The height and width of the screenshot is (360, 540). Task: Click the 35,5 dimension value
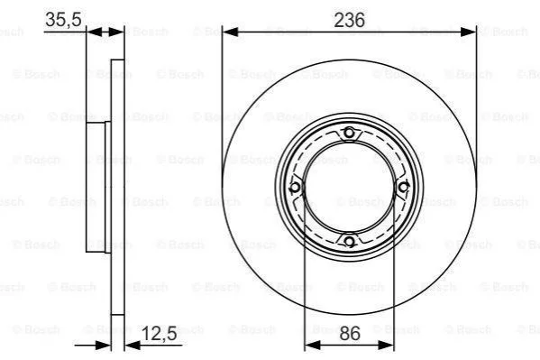click(x=63, y=19)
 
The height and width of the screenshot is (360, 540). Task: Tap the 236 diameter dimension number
click(x=349, y=20)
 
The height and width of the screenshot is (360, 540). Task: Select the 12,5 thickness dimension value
click(x=159, y=333)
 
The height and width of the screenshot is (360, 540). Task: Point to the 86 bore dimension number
click(x=350, y=334)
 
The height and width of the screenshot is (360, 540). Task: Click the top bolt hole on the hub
click(x=349, y=133)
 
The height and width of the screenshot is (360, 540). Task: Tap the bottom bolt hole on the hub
click(x=349, y=242)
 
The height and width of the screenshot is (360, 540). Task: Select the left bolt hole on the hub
click(x=295, y=188)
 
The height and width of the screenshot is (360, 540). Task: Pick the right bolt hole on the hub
click(x=403, y=188)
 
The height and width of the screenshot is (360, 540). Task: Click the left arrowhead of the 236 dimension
click(x=231, y=32)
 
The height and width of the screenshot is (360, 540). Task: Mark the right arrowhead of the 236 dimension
click(x=469, y=32)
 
